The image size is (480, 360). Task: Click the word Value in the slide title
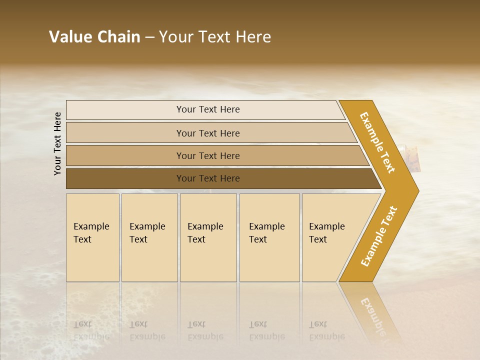tap(70, 37)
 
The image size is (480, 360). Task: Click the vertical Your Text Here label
tap(57, 143)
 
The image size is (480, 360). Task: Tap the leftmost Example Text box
tap(92, 237)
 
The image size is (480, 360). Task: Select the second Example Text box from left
tap(149, 237)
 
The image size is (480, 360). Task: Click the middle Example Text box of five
tap(208, 237)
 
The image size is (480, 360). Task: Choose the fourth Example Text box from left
tap(269, 237)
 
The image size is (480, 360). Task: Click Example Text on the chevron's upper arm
tap(377, 142)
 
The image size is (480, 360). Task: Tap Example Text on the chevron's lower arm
tap(378, 236)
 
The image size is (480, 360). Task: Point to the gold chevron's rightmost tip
tap(417, 190)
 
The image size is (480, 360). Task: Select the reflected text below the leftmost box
tap(91, 330)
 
